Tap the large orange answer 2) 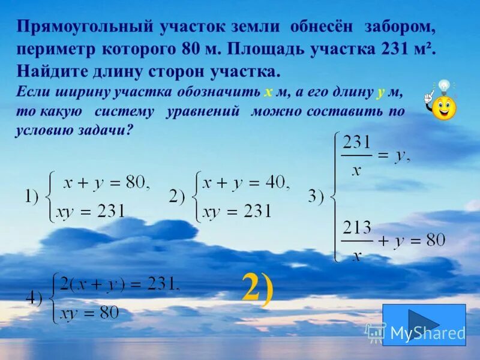(257, 287)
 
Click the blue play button (424, 324)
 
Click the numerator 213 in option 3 (357, 226)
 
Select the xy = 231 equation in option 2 (237, 211)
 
